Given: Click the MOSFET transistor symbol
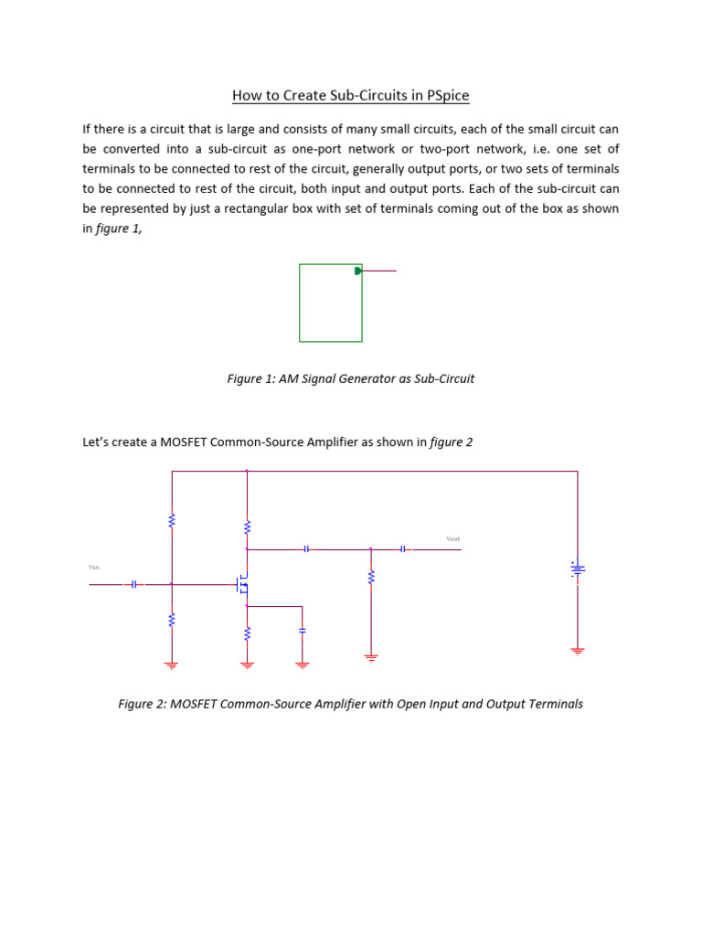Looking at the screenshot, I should [x=242, y=584].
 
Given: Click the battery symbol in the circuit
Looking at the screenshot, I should [x=577, y=569].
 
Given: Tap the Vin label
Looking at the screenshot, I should [x=93, y=568].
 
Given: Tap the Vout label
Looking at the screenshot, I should [x=452, y=539].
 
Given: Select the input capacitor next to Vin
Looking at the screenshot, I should [x=133, y=584].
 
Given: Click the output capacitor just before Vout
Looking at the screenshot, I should [x=402, y=549].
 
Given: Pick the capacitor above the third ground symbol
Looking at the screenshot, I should [x=303, y=630].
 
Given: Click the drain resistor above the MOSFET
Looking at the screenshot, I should [x=247, y=527].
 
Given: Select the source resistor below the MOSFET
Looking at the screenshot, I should [x=247, y=633].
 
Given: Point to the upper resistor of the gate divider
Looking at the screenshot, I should [x=171, y=521].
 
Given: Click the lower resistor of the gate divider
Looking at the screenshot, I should [x=171, y=621].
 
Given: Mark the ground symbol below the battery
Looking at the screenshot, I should [x=577, y=651].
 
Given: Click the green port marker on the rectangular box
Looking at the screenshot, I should [x=358, y=271].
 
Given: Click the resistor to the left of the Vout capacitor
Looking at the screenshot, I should [x=371, y=577].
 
